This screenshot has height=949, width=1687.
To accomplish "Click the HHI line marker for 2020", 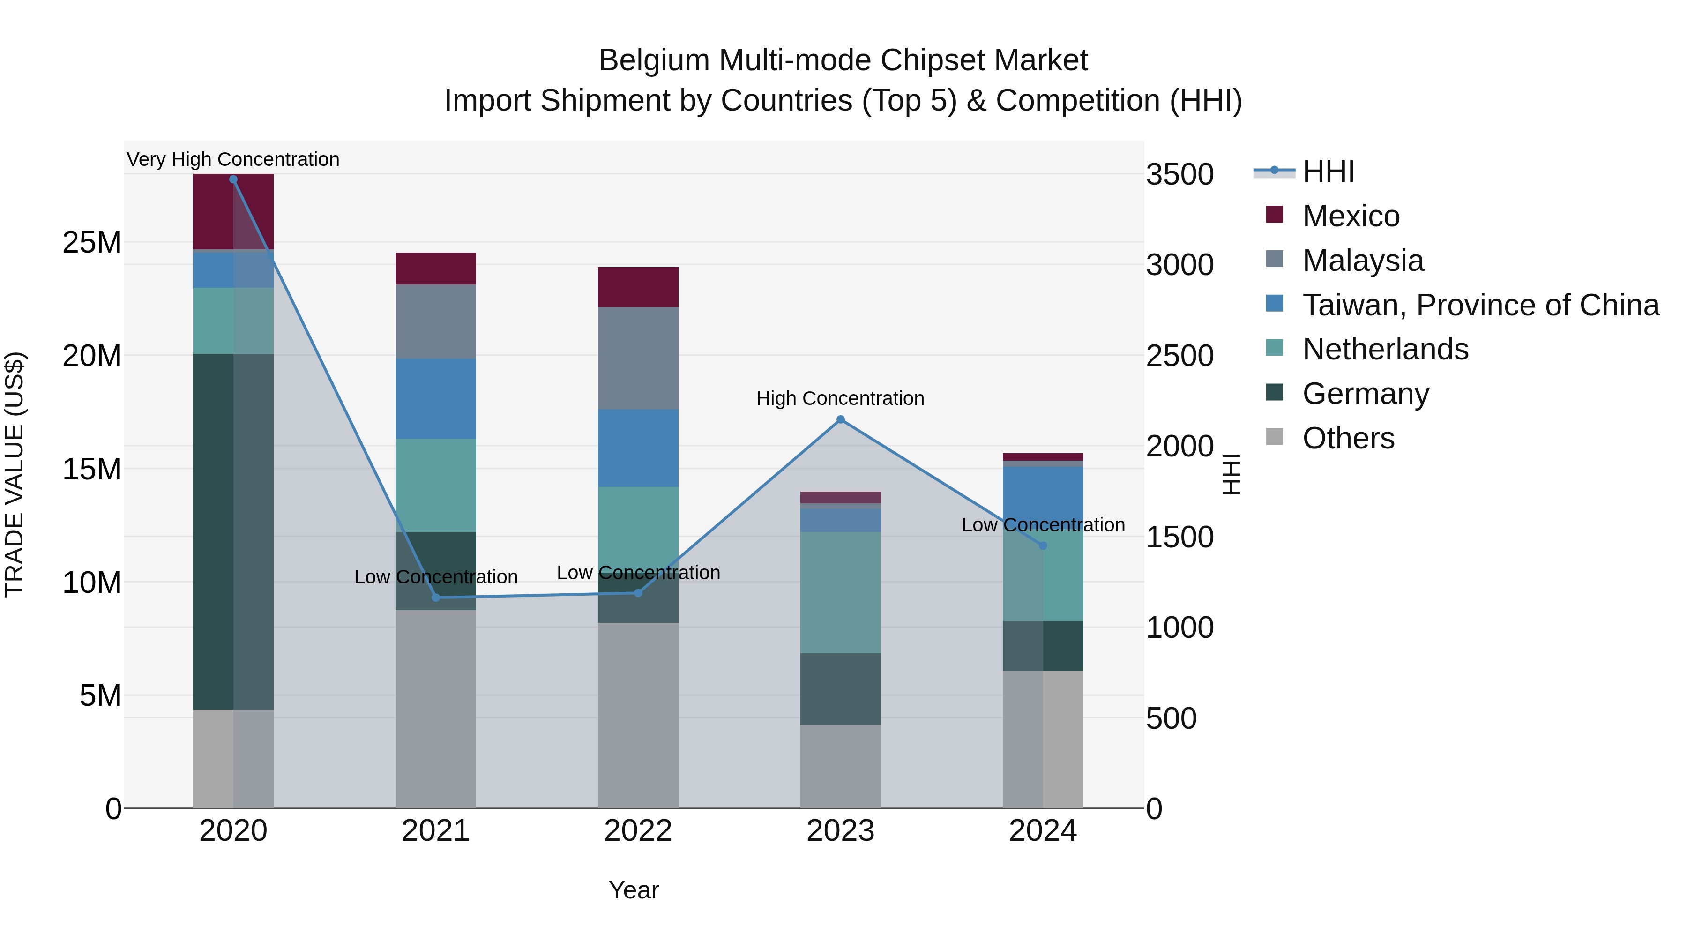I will pyautogui.click(x=233, y=179).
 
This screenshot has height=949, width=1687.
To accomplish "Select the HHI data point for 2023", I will pyautogui.click(x=840, y=420).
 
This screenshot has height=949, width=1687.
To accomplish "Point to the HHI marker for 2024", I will pyautogui.click(x=1043, y=545).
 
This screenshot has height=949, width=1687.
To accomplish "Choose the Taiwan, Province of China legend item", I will pyautogui.click(x=1480, y=305).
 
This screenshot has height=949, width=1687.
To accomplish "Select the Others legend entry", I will pyautogui.click(x=1348, y=438).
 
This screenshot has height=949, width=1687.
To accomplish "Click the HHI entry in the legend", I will pyautogui.click(x=1328, y=172).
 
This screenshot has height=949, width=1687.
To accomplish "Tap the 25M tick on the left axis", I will pyautogui.click(x=92, y=243).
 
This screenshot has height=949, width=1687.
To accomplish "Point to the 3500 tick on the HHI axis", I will pyautogui.click(x=1179, y=175).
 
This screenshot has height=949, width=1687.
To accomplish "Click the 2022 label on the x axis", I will pyautogui.click(x=638, y=831).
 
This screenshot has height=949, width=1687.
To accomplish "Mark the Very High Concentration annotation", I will pyautogui.click(x=233, y=160).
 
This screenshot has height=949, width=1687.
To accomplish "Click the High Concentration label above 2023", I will pyautogui.click(x=840, y=398).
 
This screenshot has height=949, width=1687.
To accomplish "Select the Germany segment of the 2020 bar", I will pyautogui.click(x=233, y=531).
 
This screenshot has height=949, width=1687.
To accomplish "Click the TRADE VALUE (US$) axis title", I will pyautogui.click(x=15, y=474).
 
